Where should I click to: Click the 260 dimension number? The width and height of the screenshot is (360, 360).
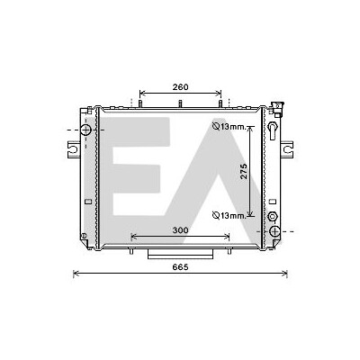coord(180,87)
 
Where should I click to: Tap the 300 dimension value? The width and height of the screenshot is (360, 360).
coord(180,230)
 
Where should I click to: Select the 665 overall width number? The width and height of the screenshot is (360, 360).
coord(180,266)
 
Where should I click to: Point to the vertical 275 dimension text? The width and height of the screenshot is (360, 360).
coord(244,171)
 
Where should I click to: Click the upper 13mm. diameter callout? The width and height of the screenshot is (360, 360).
coord(229,127)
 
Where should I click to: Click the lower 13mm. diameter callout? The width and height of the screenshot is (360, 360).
coord(229,215)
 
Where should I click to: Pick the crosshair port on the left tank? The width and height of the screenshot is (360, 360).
coord(85,130)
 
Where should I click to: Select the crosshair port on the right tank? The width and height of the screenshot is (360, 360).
coord(274,231)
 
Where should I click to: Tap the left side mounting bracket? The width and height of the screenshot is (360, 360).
coord(74,149)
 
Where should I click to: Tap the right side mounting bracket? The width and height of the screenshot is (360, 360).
coord(287,149)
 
